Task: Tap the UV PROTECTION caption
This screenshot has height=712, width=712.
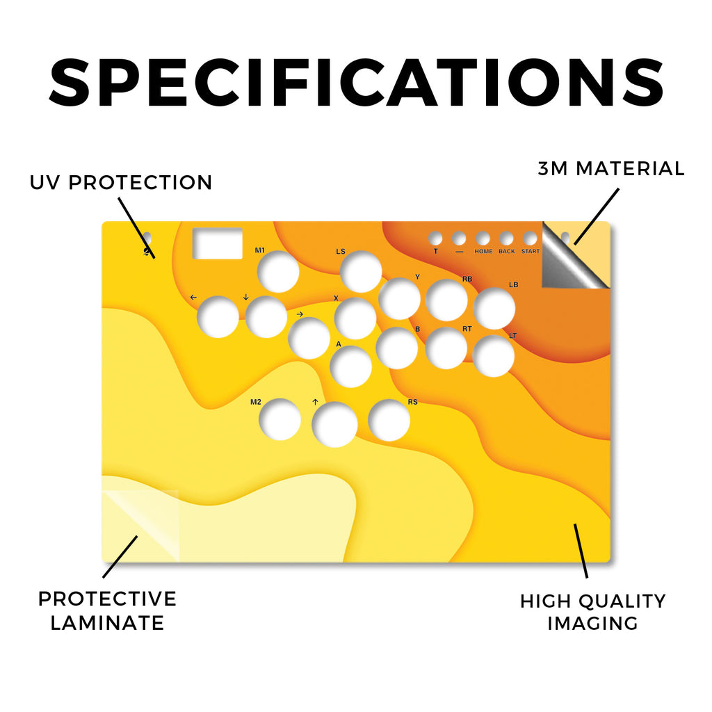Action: pyautogui.click(x=121, y=183)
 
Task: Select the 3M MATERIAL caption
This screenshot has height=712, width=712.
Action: pyautogui.click(x=611, y=168)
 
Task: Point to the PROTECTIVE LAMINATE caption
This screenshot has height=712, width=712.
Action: pyautogui.click(x=107, y=610)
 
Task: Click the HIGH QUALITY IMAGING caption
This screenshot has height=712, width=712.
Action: pyautogui.click(x=592, y=612)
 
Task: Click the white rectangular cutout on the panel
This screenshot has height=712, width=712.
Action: pyautogui.click(x=218, y=243)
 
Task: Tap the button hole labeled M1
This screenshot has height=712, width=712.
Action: pyautogui.click(x=278, y=272)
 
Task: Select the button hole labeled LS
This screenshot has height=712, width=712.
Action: pyautogui.click(x=361, y=272)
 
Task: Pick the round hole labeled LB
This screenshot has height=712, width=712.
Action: pyautogui.click(x=494, y=308)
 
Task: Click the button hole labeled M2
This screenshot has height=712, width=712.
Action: pyautogui.click(x=280, y=419)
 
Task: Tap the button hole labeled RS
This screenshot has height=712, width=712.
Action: pyautogui.click(x=389, y=420)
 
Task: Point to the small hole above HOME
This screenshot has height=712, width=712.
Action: pyautogui.click(x=483, y=238)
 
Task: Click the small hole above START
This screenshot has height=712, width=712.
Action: pyautogui.click(x=530, y=238)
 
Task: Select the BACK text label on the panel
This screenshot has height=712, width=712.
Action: pyautogui.click(x=507, y=251)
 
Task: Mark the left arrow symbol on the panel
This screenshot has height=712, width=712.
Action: pyautogui.click(x=193, y=297)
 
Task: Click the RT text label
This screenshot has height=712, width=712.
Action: pyautogui.click(x=467, y=328)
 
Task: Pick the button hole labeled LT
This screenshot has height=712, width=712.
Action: pyautogui.click(x=494, y=356)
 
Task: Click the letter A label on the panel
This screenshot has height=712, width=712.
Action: pyautogui.click(x=339, y=344)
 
